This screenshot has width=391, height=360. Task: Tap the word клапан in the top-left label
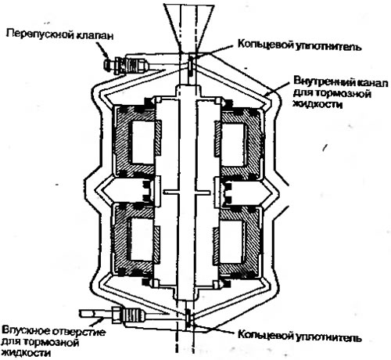point(95,35)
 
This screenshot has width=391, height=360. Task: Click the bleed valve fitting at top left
point(126,64)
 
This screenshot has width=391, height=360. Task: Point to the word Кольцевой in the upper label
point(265,44)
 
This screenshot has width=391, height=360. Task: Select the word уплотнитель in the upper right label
point(328,46)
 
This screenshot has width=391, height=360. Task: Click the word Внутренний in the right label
point(323,81)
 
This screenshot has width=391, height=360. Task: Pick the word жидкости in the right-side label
point(317,104)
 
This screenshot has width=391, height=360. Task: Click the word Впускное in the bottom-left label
point(26,331)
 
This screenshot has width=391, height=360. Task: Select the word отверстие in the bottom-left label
point(79,332)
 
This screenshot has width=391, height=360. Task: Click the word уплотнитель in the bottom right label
point(329,337)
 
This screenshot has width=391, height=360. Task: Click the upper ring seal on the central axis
point(191,64)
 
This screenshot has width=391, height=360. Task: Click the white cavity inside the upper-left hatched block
point(143,142)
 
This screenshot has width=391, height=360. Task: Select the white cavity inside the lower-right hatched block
point(231,241)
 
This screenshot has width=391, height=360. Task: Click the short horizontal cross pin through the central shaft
point(186,193)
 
